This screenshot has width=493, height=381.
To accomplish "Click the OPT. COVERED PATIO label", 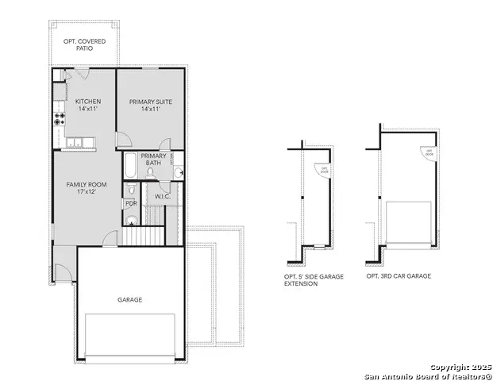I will point(85,44).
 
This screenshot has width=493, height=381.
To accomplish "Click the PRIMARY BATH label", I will point(153,160).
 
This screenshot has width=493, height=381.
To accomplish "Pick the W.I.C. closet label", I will point(162,196).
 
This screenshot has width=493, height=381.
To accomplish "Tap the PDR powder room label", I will point(130,203).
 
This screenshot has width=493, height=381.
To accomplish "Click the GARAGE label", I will point(130,299).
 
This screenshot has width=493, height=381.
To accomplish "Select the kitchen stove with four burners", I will point(59,120).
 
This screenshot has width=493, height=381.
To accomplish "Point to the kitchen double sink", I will point(77,142).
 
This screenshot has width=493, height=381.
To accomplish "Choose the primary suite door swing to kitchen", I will point(123,140).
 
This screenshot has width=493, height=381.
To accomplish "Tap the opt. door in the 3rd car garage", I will point(429,152).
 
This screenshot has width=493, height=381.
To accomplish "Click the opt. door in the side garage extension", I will point(323,168).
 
